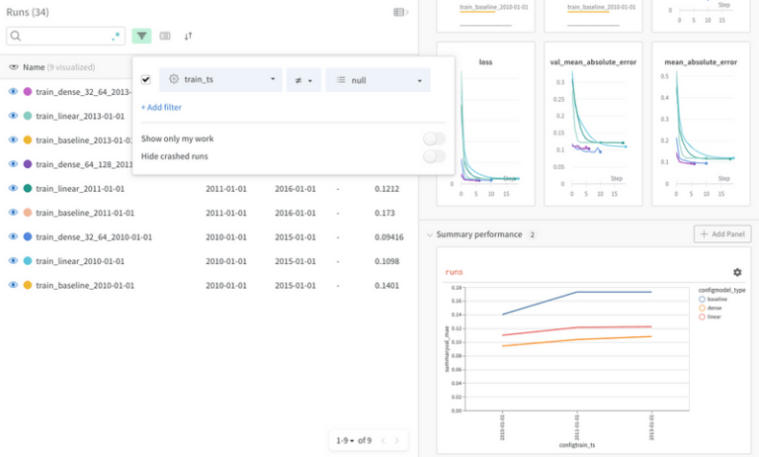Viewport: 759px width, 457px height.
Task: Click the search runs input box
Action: pyautogui.click(x=64, y=36)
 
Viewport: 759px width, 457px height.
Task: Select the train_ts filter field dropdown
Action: pyautogui.click(x=220, y=79)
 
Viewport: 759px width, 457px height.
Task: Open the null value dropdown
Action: pyautogui.click(x=379, y=79)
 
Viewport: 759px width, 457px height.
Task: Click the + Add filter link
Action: pyautogui.click(x=161, y=107)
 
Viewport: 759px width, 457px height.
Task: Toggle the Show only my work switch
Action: pyautogui.click(x=433, y=138)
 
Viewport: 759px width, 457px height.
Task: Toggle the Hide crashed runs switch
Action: pyautogui.click(x=433, y=156)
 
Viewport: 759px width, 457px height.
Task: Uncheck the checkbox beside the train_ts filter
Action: pyautogui.click(x=146, y=79)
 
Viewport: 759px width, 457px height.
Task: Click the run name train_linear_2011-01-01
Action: pyautogui.click(x=80, y=188)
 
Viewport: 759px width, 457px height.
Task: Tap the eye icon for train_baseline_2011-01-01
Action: pyautogui.click(x=14, y=213)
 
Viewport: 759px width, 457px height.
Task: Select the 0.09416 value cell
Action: pyautogui.click(x=389, y=237)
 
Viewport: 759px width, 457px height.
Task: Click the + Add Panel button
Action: pyautogui.click(x=722, y=234)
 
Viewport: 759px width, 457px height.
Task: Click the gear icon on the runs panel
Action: pyautogui.click(x=736, y=272)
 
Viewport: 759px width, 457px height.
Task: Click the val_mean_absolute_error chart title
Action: pyautogui.click(x=593, y=62)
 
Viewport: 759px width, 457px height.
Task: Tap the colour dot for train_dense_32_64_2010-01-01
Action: pyautogui.click(x=28, y=237)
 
